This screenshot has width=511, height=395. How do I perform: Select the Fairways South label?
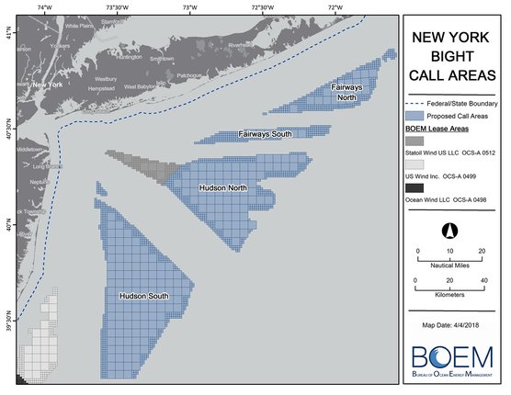pos(266,134)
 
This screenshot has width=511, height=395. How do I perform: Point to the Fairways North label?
pos(347,92)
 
